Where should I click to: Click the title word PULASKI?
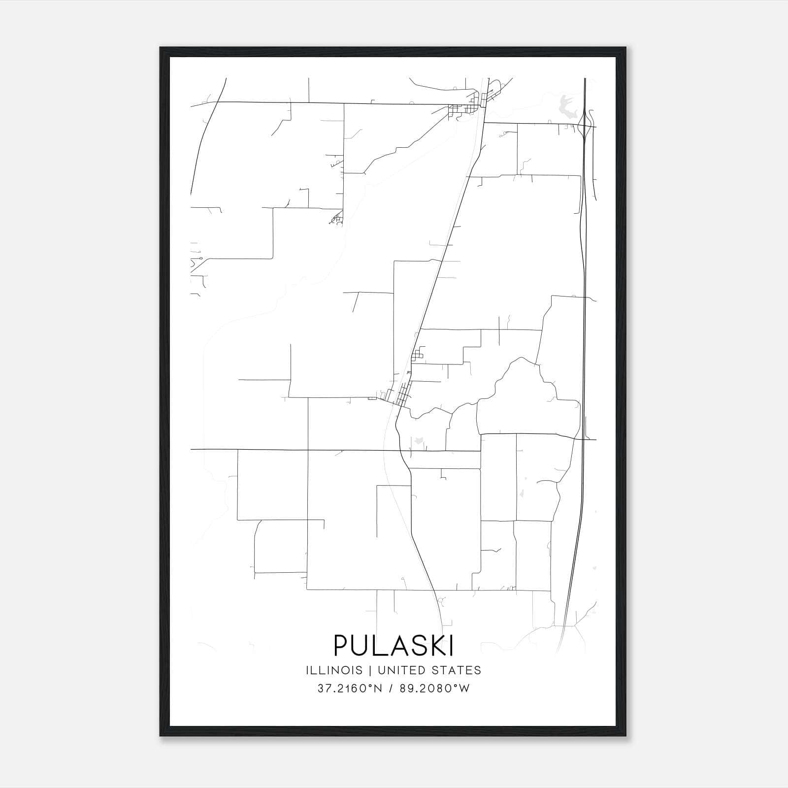394,645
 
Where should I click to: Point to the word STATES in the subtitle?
458,670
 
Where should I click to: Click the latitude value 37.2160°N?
350,689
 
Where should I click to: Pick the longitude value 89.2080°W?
436,689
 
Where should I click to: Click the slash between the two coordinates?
390,689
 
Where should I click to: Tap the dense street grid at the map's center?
401,394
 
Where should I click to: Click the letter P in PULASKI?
341,645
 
